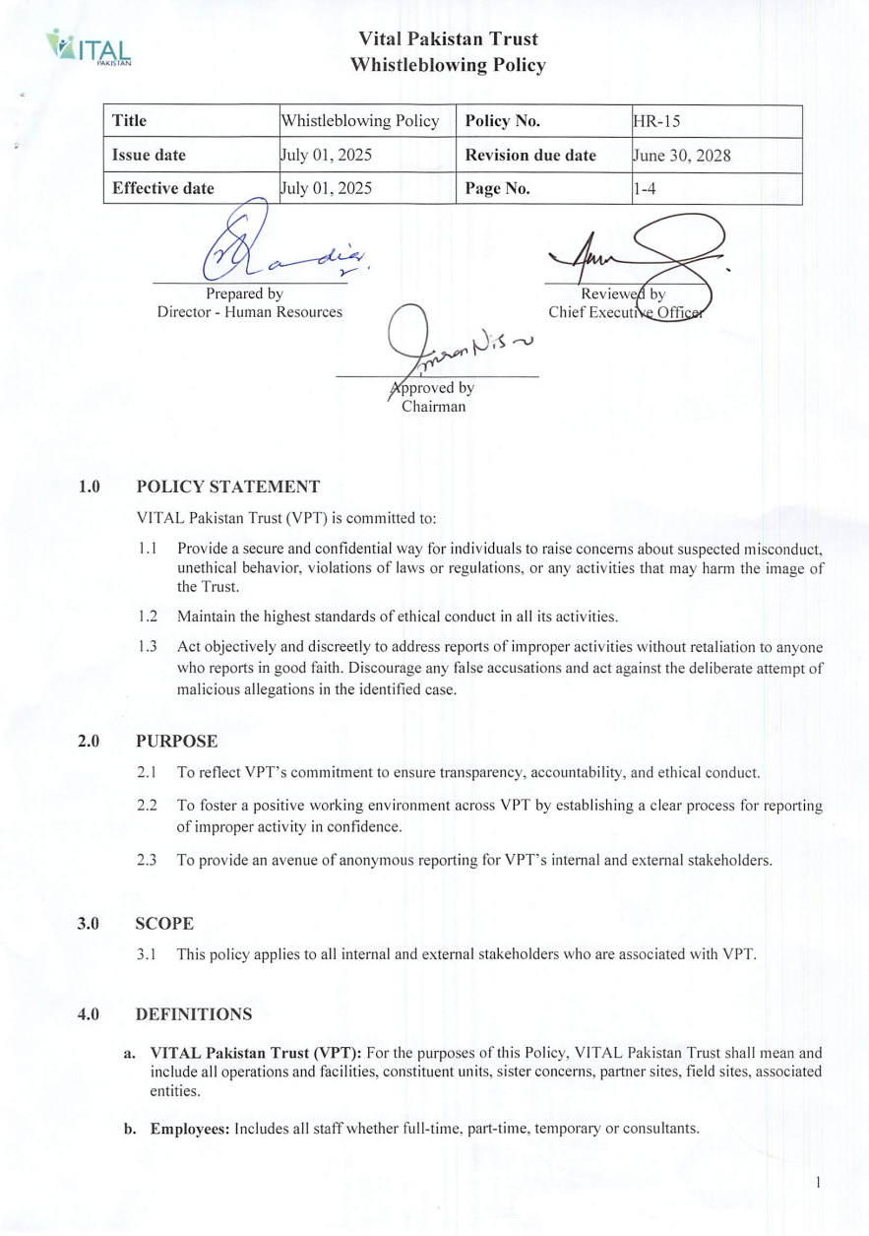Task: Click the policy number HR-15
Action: [656, 121]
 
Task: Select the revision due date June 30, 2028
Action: [681, 156]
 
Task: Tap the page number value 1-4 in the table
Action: [646, 189]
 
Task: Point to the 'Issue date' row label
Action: [149, 156]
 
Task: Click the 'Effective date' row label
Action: [163, 189]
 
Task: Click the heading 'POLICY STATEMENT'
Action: [227, 486]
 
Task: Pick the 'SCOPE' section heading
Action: [164, 924]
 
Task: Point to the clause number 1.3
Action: [148, 646]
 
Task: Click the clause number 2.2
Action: [148, 807]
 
